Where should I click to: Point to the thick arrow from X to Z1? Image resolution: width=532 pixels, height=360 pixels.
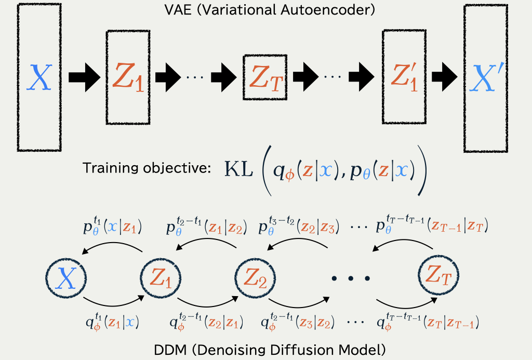(85, 77)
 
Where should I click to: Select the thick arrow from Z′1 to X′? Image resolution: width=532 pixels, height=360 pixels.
(445, 77)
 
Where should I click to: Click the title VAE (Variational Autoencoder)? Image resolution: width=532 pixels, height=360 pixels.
(270, 9)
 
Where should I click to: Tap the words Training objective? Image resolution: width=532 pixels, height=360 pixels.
(147, 168)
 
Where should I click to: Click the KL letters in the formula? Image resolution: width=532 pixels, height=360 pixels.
(239, 169)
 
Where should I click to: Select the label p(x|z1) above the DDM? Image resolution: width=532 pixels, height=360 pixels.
(112, 227)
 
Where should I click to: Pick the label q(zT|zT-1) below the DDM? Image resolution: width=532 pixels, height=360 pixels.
(428, 322)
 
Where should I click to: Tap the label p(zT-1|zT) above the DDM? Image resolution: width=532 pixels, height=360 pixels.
(432, 224)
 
